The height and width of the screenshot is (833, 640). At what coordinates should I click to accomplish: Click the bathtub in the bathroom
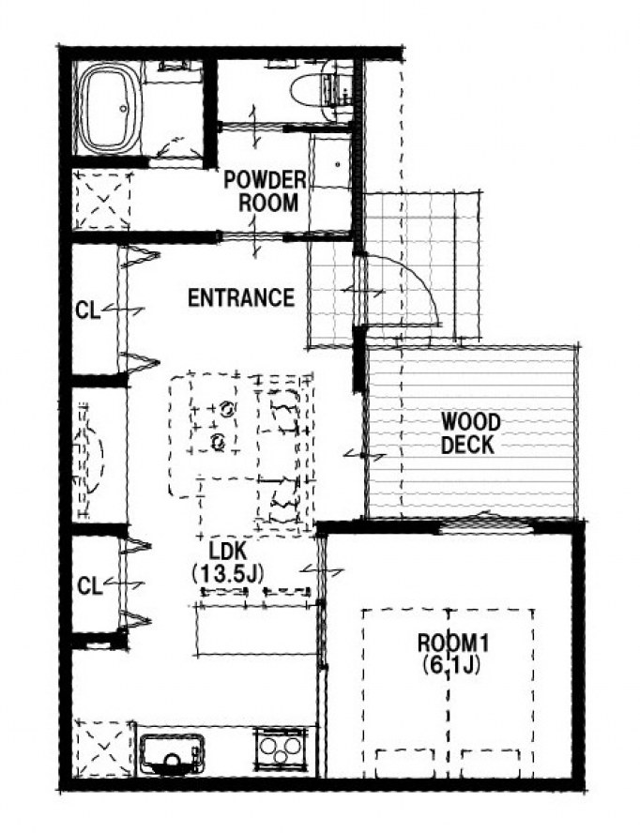point(110,109)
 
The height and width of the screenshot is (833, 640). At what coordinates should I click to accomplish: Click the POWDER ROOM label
point(265,191)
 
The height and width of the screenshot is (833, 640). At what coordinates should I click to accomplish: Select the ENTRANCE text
point(241,297)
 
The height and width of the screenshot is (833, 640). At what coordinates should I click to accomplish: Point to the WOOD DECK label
point(470,433)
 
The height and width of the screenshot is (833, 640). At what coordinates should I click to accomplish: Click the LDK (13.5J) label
point(227,562)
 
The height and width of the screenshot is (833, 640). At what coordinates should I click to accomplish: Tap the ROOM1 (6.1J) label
point(451,654)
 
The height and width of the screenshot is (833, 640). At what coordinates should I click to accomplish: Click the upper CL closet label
point(87,310)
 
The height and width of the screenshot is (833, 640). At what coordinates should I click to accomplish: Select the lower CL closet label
point(89,586)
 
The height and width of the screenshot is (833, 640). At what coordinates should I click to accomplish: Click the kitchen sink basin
point(172,754)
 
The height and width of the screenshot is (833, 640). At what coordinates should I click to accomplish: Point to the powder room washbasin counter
point(330,161)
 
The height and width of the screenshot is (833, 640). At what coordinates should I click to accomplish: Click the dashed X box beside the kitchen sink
point(103,748)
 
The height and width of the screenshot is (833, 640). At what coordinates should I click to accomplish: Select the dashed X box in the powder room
point(101,200)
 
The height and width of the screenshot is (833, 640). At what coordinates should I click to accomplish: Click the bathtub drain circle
point(123,109)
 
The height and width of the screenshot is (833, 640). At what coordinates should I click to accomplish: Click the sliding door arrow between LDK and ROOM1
point(322,571)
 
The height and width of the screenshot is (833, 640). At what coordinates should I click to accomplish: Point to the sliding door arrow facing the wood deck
point(365,455)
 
